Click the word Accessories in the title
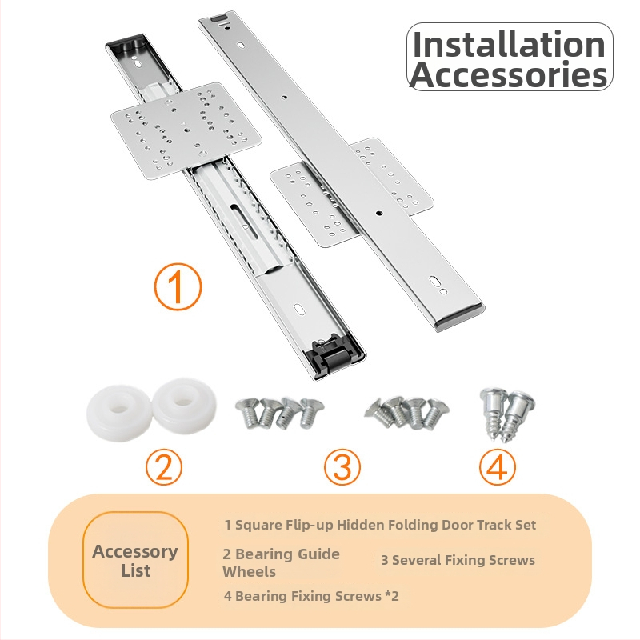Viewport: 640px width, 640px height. pos(509,74)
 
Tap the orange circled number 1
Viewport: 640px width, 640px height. pos(178,286)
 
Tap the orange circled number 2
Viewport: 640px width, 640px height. pos(164,467)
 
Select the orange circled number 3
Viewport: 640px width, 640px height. pos(342,467)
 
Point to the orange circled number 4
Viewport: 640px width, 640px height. pos(497,467)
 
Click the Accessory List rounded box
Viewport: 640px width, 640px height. pos(135,561)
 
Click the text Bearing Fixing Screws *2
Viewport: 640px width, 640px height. pos(317,596)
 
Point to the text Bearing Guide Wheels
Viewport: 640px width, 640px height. pos(281,562)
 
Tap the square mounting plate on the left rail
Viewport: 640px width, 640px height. pos(186,130)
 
